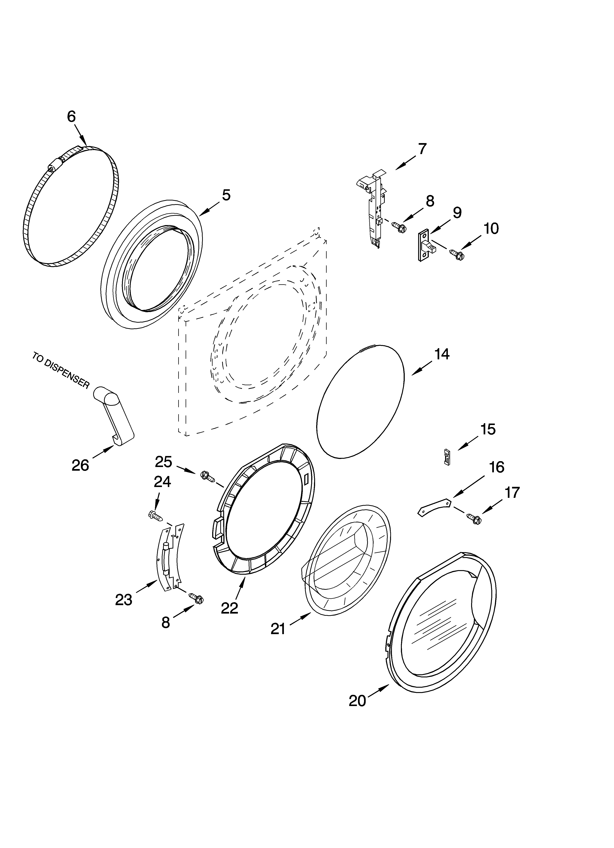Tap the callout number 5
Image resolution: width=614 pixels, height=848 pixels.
pyautogui.click(x=226, y=195)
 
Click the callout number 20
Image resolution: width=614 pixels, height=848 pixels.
pyautogui.click(x=357, y=700)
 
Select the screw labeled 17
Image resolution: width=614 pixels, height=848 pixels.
pyautogui.click(x=474, y=518)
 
